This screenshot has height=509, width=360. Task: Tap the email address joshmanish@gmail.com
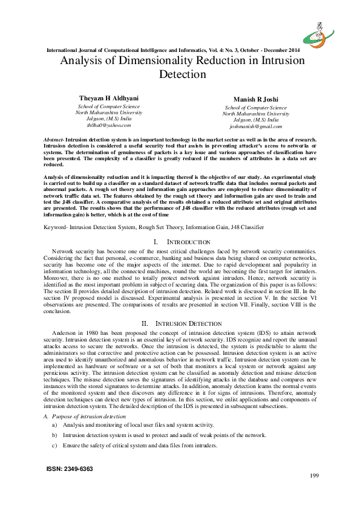pos(255,127)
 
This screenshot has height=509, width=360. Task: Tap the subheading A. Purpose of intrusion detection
pos(84,417)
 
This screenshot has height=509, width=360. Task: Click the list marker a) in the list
pos(55,426)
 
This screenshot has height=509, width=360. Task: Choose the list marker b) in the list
pos(55,435)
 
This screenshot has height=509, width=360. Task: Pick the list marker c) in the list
pos(55,446)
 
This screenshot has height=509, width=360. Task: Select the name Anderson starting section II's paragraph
pos(65,334)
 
